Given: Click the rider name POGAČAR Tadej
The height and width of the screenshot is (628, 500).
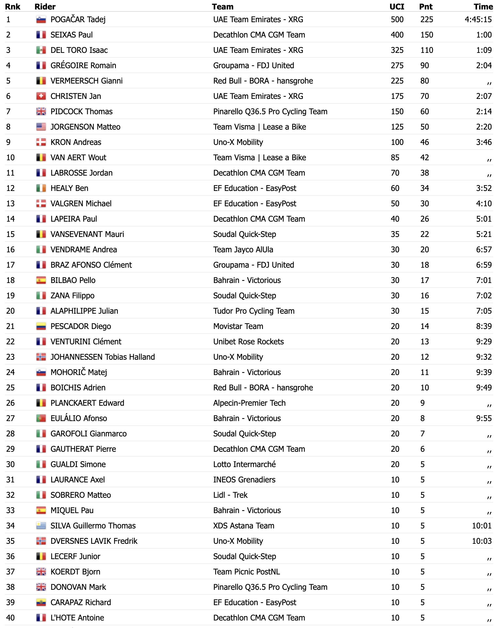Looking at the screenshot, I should pyautogui.click(x=78, y=20).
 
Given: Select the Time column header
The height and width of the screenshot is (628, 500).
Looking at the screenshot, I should pyautogui.click(x=483, y=7).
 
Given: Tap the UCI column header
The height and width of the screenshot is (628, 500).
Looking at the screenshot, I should pyautogui.click(x=397, y=7).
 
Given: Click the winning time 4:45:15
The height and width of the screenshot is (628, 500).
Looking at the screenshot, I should pyautogui.click(x=478, y=20).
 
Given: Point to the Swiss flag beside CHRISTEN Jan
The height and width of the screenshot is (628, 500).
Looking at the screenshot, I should pyautogui.click(x=41, y=96).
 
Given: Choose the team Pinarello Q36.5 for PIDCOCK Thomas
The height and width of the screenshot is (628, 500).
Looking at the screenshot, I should pyautogui.click(x=270, y=112).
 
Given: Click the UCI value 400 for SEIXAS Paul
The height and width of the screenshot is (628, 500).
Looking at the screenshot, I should pyautogui.click(x=397, y=35).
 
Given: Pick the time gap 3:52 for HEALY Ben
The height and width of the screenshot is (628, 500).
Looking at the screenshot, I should pyautogui.click(x=484, y=188).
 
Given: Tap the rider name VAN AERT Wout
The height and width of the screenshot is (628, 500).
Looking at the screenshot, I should pyautogui.click(x=78, y=158).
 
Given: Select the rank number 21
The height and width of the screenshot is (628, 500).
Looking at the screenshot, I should pyautogui.click(x=10, y=326).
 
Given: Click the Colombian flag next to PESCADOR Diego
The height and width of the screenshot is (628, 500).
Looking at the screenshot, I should pyautogui.click(x=41, y=326).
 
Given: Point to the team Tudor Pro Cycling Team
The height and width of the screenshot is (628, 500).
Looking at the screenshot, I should pyautogui.click(x=254, y=311).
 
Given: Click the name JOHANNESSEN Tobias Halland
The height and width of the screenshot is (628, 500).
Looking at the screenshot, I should pyautogui.click(x=102, y=357).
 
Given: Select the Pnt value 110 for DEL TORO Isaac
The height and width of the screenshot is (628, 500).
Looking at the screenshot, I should pyautogui.click(x=427, y=50).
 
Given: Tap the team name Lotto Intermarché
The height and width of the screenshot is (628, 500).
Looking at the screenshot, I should pyautogui.click(x=244, y=464).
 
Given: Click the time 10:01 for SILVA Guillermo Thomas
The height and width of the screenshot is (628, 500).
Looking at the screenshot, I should pyautogui.click(x=482, y=526).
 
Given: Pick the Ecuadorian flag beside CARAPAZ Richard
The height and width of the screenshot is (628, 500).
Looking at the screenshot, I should pyautogui.click(x=41, y=603).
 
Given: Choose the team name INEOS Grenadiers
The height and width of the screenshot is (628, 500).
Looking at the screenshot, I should pyautogui.click(x=244, y=480).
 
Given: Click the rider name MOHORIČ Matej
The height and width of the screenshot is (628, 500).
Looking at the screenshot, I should pyautogui.click(x=79, y=372).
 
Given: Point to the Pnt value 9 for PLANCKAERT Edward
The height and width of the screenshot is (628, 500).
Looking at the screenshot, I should pyautogui.click(x=423, y=403).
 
